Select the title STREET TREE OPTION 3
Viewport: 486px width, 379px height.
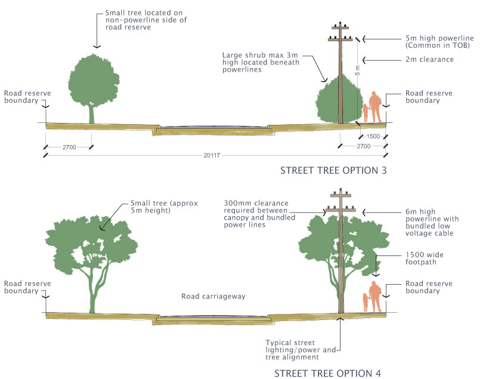tap(334, 171)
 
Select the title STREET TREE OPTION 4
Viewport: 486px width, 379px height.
tap(327, 374)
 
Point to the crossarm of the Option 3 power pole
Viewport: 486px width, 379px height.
tap(342, 39)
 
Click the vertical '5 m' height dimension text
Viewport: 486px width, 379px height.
tap(358, 67)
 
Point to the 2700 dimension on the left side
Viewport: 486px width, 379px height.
tap(68, 146)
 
